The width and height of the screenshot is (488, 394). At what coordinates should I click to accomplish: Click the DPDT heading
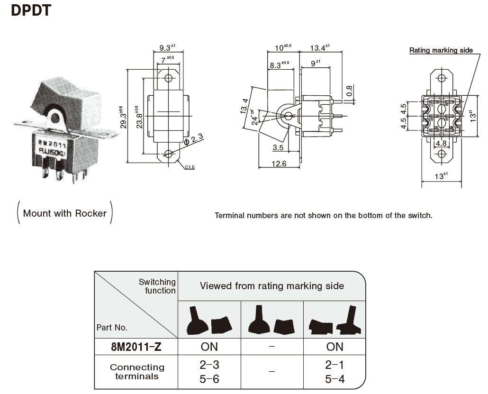[x=30, y=10]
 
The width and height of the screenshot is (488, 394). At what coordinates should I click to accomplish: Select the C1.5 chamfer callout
[x=190, y=167]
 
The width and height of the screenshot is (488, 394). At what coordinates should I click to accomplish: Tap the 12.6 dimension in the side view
[x=280, y=164]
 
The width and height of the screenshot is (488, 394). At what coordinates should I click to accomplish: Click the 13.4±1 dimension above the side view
[x=319, y=47]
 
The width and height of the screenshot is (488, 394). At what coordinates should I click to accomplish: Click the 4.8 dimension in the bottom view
[x=441, y=143]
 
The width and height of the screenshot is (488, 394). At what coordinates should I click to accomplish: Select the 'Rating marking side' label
[x=441, y=50]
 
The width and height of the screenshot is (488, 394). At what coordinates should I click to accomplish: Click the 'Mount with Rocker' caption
[x=65, y=213]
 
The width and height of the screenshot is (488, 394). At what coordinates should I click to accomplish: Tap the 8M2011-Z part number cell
[x=136, y=347]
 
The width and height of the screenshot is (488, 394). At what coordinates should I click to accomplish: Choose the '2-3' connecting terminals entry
[x=209, y=365]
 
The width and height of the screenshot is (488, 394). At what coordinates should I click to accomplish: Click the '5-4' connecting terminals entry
[x=334, y=379]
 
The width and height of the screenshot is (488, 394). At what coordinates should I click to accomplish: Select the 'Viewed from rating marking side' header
[x=271, y=286]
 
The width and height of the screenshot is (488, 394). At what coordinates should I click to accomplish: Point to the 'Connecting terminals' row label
[x=137, y=372]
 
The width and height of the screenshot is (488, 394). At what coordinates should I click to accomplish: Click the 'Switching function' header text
[x=157, y=286]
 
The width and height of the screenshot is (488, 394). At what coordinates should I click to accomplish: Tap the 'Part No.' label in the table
[x=112, y=327]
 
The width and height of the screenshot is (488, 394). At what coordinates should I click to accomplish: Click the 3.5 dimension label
[x=279, y=148]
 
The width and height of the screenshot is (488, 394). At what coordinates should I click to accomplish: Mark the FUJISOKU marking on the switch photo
[x=53, y=152]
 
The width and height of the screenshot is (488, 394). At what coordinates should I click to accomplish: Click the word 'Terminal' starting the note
[x=230, y=215]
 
